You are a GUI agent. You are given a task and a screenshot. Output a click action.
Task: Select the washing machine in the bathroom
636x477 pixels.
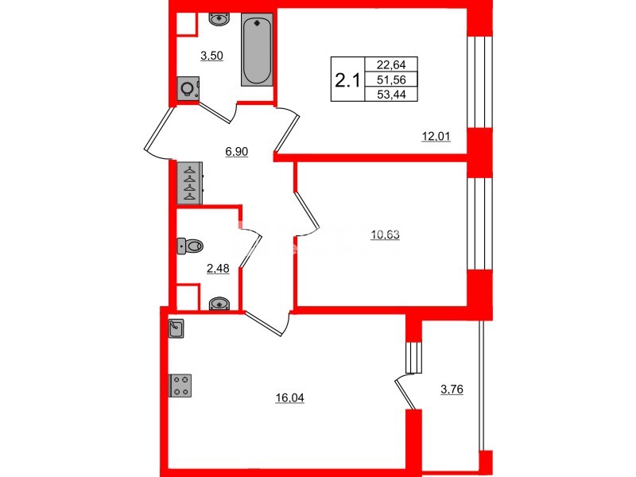(x=188, y=89)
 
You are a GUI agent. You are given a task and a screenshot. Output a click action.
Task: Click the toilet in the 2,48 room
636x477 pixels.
(x=192, y=246)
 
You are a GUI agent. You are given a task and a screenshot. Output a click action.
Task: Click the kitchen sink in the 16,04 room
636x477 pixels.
(x=176, y=327)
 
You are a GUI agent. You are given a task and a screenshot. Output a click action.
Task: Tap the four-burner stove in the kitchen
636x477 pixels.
(x=179, y=385)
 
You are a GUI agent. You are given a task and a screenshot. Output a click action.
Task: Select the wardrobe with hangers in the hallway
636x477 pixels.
(x=191, y=182)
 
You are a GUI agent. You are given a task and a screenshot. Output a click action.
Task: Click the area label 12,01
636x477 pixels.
(x=436, y=136)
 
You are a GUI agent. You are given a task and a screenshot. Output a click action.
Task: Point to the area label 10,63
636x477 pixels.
(x=386, y=234)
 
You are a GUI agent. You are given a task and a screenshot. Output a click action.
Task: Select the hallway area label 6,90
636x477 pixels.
(x=237, y=151)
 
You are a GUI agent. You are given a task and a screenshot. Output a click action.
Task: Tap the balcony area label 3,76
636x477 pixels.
(x=454, y=389)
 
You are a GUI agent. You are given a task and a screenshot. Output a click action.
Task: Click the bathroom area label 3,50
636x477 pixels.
(x=211, y=56)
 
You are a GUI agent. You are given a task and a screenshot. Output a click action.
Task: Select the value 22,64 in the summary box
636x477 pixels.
(x=390, y=65)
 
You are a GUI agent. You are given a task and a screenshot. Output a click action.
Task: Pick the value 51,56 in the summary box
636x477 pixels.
(x=390, y=79)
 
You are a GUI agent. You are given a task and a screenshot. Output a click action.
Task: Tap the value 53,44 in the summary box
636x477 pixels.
(x=390, y=95)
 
